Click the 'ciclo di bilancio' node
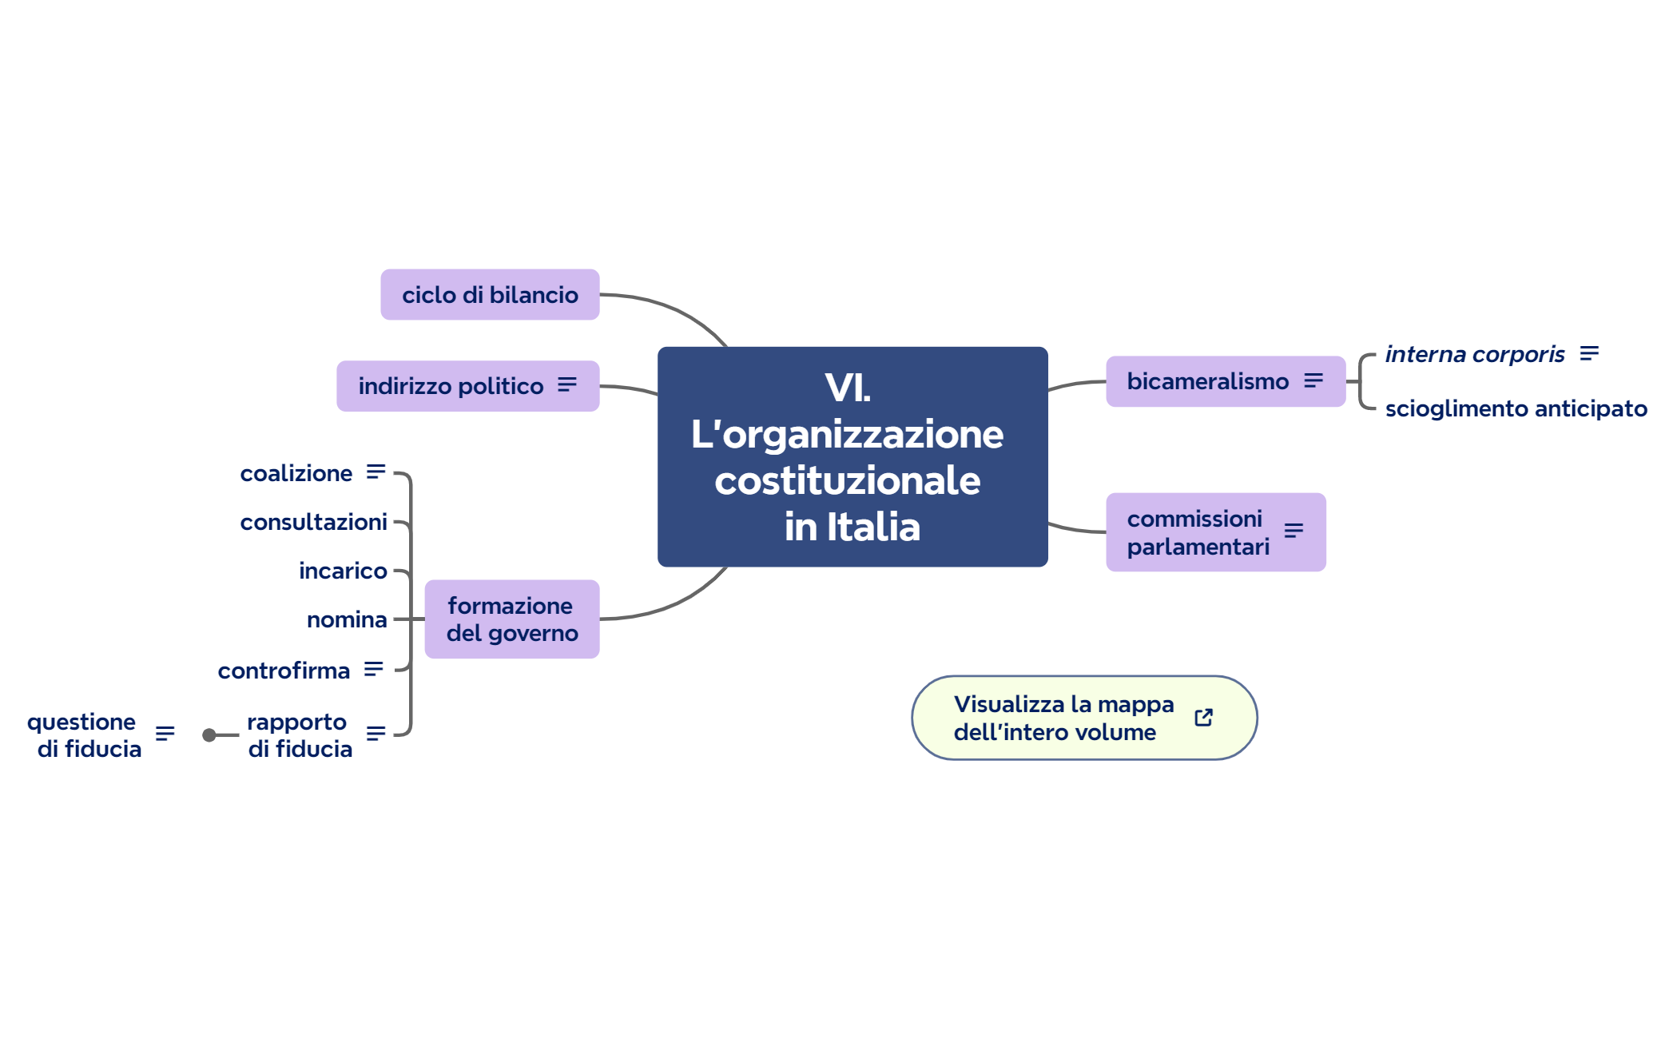pyautogui.click(x=489, y=295)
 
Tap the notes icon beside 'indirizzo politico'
pyautogui.click(x=567, y=385)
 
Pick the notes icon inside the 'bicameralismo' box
pyautogui.click(x=1313, y=381)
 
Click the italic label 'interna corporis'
pyautogui.click(x=1474, y=354)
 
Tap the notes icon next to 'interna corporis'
pyautogui.click(x=1589, y=353)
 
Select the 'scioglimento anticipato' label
pyautogui.click(x=1516, y=408)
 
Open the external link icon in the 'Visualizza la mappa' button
pyautogui.click(x=1203, y=718)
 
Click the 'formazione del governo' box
pyautogui.click(x=511, y=619)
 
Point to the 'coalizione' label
pyautogui.click(x=296, y=473)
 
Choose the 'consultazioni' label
pyautogui.click(x=313, y=522)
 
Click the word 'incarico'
pyautogui.click(x=343, y=571)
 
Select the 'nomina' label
pyautogui.click(x=347, y=619)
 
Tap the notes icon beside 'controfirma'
pyautogui.click(x=373, y=669)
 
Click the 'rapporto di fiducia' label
pyautogui.click(x=299, y=735)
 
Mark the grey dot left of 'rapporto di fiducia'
pyautogui.click(x=209, y=735)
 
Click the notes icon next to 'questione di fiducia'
pyautogui.click(x=165, y=734)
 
